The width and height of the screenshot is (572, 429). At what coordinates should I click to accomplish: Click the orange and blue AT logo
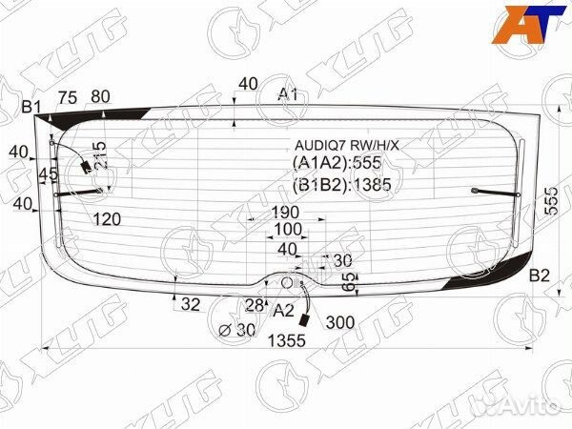click(529, 25)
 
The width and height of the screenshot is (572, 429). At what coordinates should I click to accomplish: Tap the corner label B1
click(31, 107)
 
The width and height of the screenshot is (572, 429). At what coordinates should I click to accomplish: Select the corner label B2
click(540, 276)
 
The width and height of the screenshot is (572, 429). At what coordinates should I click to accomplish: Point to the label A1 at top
click(288, 94)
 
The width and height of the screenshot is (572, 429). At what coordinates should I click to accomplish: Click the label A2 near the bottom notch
click(283, 311)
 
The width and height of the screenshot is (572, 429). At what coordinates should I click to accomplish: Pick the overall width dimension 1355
click(287, 340)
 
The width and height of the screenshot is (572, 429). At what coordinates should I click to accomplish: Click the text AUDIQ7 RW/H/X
click(347, 146)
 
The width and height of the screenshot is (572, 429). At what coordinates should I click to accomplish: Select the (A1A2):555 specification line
click(337, 163)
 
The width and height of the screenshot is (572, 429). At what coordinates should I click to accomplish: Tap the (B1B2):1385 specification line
click(342, 185)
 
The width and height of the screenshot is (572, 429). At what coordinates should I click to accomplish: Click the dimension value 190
click(285, 212)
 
